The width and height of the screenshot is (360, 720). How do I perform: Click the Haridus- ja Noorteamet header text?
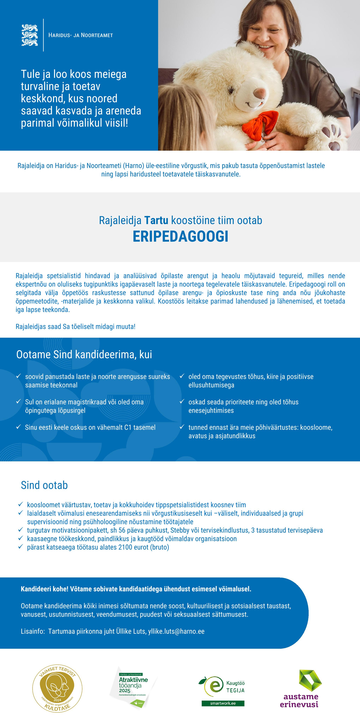[x=80, y=35]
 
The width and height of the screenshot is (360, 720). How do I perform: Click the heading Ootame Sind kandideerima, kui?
[x=84, y=354]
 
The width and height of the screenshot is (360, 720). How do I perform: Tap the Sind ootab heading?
[x=44, y=485]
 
